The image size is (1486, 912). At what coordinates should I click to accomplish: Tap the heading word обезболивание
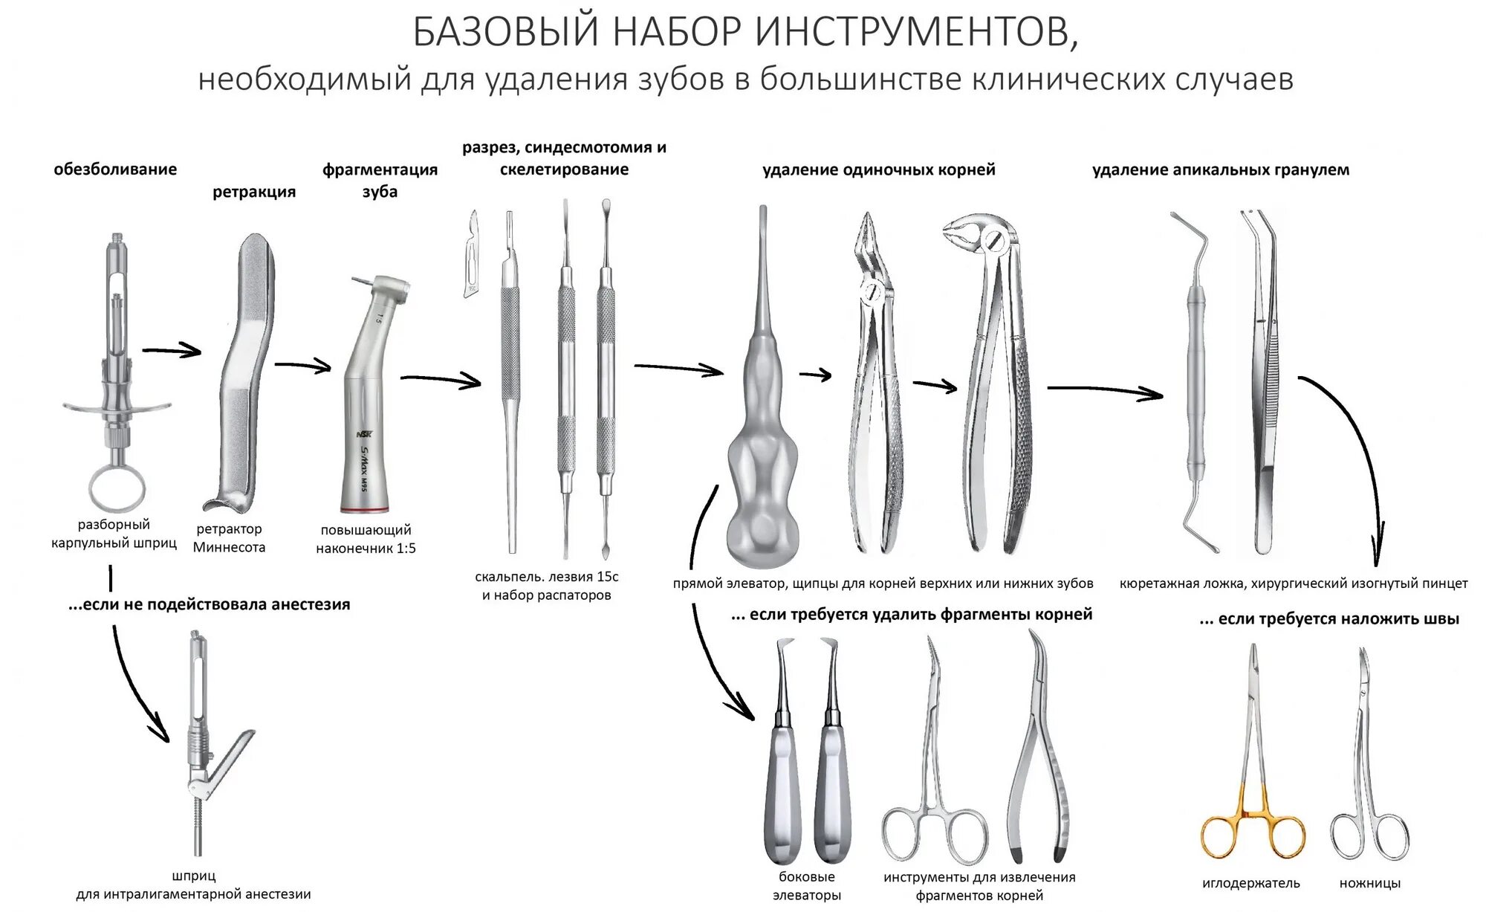(x=115, y=169)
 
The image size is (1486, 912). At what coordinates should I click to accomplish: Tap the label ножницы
(x=1370, y=883)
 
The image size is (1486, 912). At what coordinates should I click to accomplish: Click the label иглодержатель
(x=1251, y=883)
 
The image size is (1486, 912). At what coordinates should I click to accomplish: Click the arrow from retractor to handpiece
(x=302, y=364)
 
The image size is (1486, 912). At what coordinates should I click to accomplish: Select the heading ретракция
(x=254, y=192)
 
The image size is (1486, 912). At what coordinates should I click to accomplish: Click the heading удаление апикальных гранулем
(x=1220, y=169)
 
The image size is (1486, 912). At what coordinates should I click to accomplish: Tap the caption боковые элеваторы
(x=806, y=886)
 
